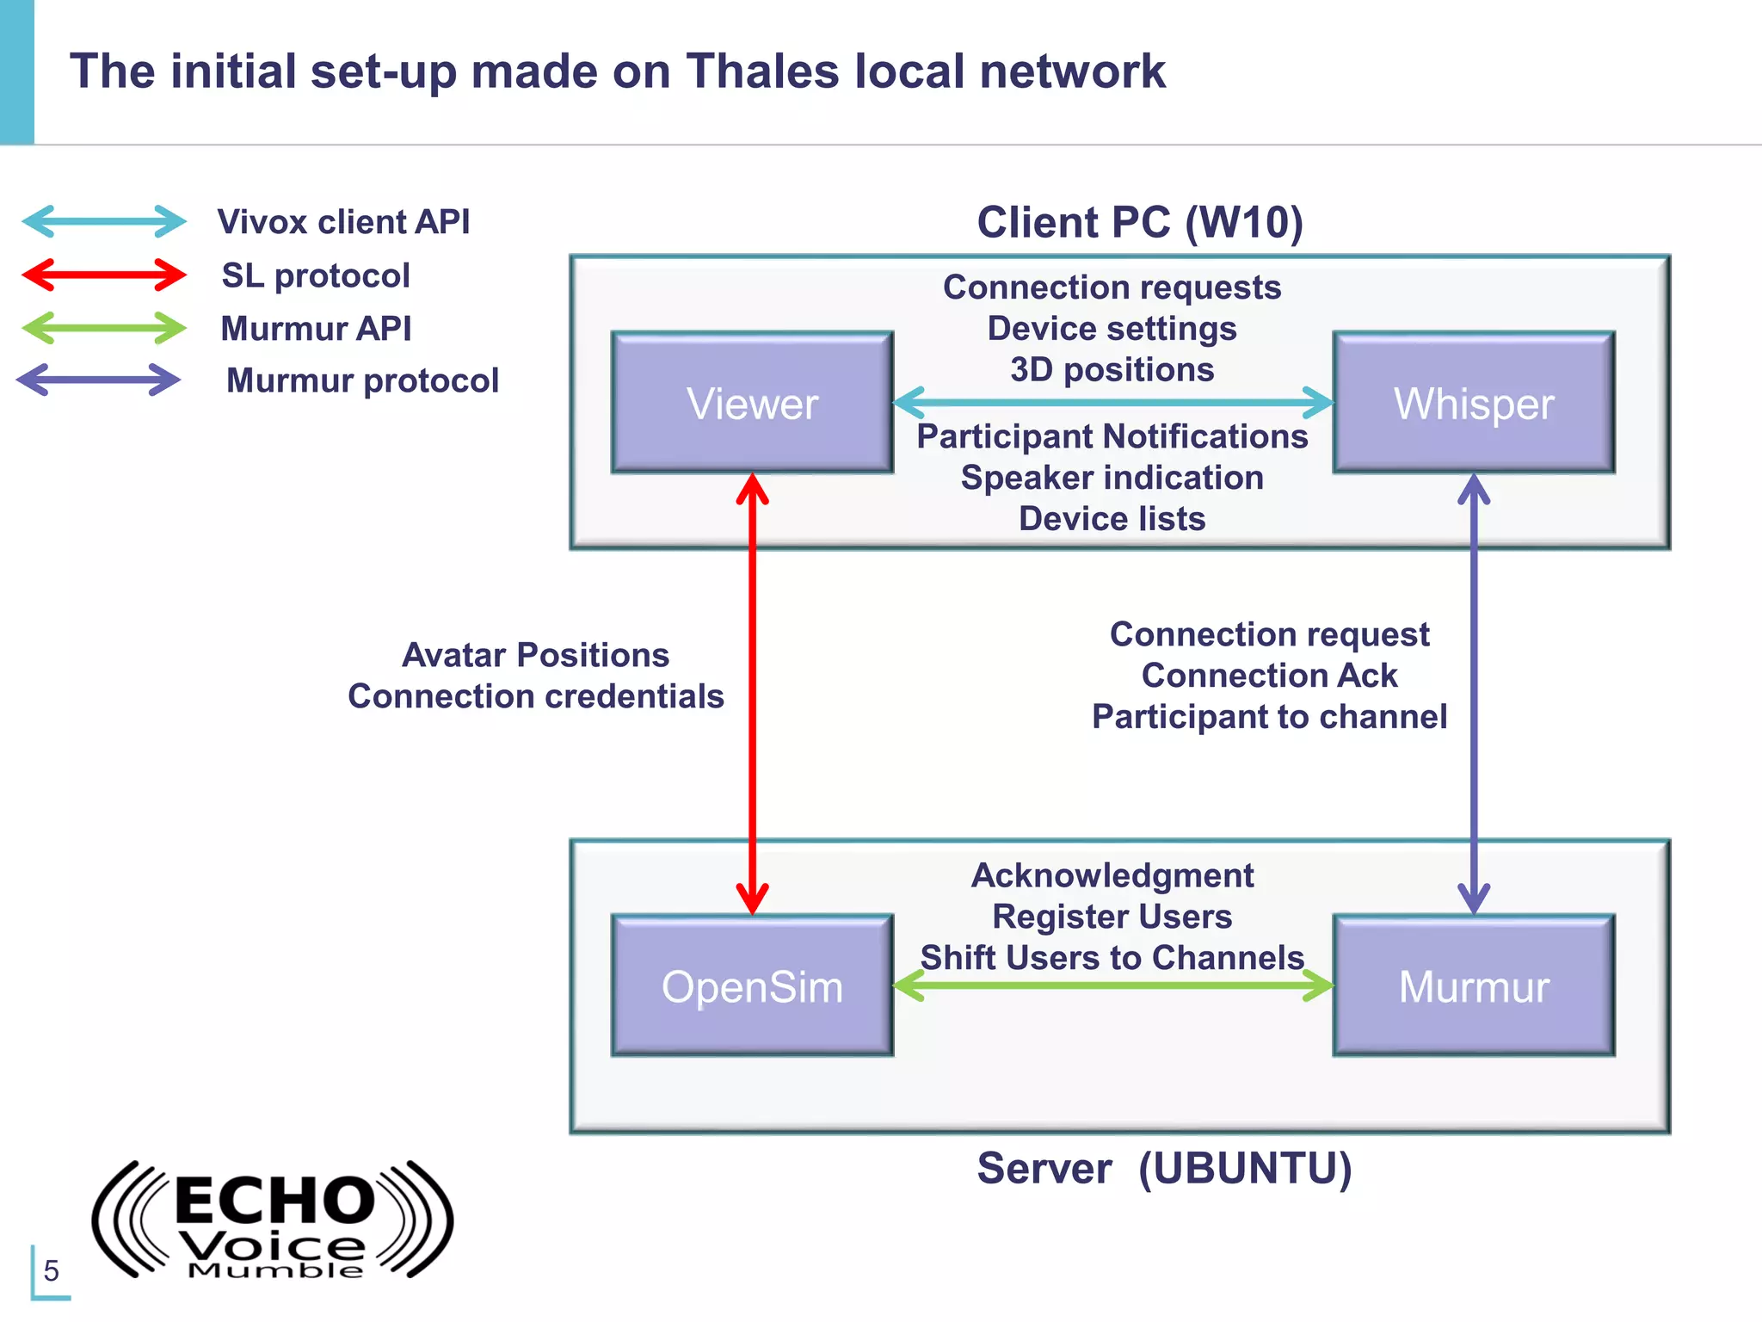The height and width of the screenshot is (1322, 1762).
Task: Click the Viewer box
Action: pos(752,403)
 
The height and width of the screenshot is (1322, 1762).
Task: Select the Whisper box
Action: pos(1473,403)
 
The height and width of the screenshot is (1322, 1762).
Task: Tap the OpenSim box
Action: pos(752,985)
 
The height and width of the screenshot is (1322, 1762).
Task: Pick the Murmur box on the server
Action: pos(1473,985)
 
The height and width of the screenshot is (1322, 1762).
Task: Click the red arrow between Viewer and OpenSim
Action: pos(752,689)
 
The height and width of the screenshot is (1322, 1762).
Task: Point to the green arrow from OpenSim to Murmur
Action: pos(1112,985)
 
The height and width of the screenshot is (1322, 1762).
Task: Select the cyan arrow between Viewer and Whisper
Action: pos(1112,402)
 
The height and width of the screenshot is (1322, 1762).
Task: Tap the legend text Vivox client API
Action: pos(343,222)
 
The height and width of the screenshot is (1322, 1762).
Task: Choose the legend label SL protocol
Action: pos(316,275)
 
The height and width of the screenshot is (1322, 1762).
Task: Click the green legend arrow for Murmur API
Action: pos(103,328)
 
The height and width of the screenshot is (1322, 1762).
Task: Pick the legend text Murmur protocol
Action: pos(362,380)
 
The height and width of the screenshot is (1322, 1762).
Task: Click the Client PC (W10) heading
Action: pos(1140,222)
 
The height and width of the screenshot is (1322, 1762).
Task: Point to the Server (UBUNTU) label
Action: pos(1164,1168)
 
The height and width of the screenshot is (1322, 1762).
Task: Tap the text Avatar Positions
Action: pos(535,655)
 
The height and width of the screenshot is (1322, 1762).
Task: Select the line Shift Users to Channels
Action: pos(1112,957)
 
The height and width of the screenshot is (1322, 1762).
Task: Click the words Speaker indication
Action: pos(1112,478)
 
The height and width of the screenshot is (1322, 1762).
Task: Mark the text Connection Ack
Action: pos(1269,676)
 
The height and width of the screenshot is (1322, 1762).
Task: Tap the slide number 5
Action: pos(52,1270)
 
